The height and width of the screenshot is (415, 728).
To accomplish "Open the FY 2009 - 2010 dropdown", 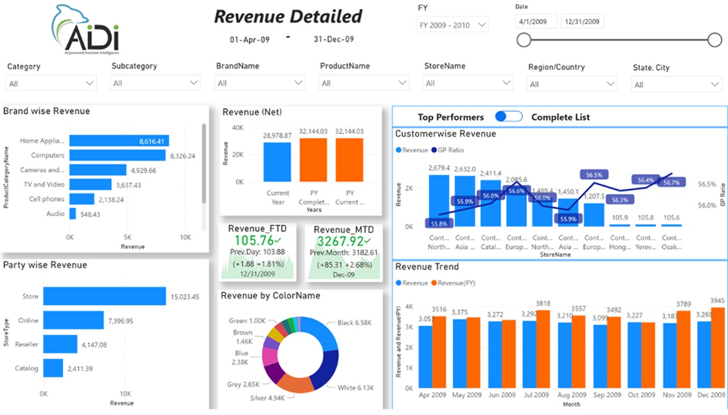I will pyautogui.click(x=452, y=25).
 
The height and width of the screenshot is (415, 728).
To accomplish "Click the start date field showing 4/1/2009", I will pyautogui.click(x=535, y=22).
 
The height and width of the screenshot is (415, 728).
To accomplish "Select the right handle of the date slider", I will pyautogui.click(x=714, y=40).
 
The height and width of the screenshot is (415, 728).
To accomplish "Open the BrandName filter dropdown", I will pyautogui.click(x=260, y=83).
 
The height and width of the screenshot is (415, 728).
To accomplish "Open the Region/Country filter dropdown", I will pyautogui.click(x=572, y=84).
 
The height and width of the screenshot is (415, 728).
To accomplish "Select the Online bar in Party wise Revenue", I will pyautogui.click(x=73, y=320).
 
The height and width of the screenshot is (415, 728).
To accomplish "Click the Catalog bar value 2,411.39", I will pyautogui.click(x=84, y=369).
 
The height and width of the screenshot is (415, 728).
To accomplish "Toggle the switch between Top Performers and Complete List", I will pyautogui.click(x=509, y=117).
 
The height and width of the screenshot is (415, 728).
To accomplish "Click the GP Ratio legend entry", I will pyautogui.click(x=448, y=150).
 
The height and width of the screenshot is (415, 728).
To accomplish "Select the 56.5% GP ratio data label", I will pyautogui.click(x=594, y=175).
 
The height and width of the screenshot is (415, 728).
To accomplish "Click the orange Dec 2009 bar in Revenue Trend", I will pyautogui.click(x=717, y=348).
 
